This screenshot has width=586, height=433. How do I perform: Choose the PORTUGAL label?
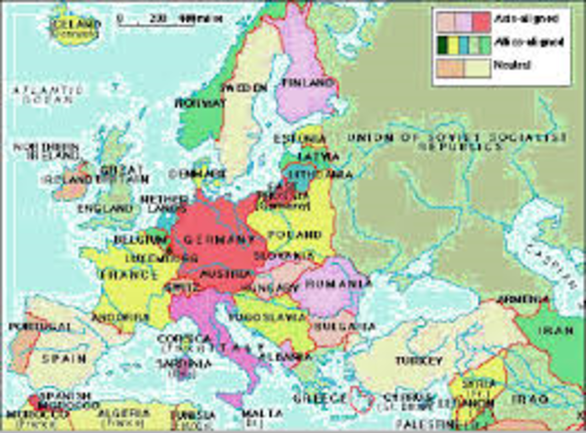(x=28, y=326)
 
